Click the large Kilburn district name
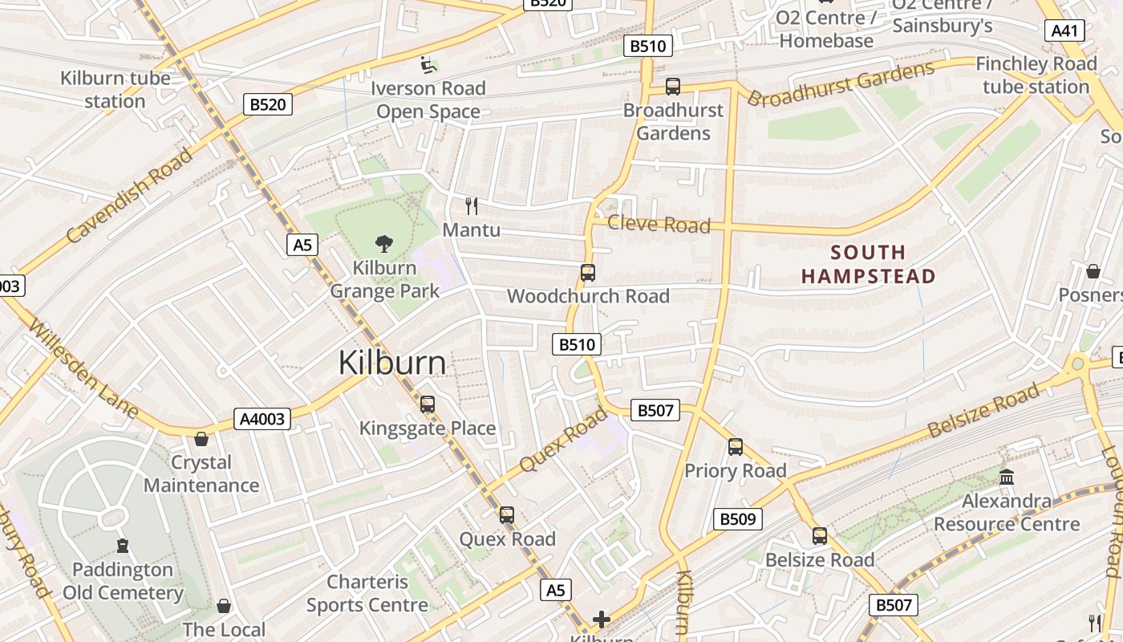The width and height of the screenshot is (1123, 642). click(391, 363)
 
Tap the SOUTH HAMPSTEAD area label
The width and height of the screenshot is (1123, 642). click(868, 265)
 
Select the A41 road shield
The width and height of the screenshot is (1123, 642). click(1064, 31)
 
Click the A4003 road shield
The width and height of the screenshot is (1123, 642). click(262, 418)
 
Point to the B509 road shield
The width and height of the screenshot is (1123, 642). click(737, 519)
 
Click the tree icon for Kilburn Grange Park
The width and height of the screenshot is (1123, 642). click(384, 243)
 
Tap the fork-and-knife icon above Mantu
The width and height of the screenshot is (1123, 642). click(472, 206)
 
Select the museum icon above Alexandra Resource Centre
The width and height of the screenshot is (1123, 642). click(1007, 477)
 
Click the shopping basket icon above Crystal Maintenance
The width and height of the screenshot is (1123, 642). click(201, 439)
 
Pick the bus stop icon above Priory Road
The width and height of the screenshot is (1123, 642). click(736, 447)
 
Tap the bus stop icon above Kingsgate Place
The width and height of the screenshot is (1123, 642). click(428, 404)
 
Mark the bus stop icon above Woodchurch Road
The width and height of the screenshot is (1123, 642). click(588, 273)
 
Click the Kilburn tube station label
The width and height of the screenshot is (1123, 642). click(116, 90)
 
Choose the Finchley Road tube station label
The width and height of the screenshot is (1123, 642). click(1036, 75)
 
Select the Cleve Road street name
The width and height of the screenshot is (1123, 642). click(659, 224)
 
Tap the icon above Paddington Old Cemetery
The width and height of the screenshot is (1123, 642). click(123, 547)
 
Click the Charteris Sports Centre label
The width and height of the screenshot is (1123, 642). click(367, 593)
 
